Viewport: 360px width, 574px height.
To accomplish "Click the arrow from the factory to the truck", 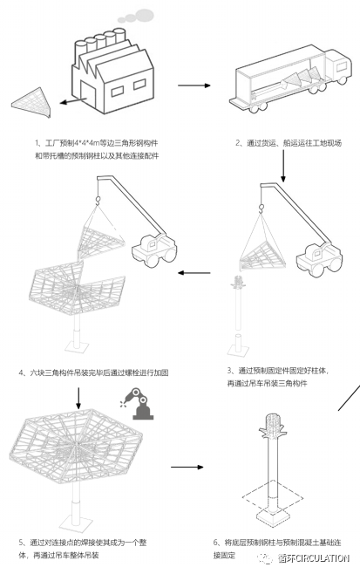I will (x=194, y=85).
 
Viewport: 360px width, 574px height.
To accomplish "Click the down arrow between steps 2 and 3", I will (x=288, y=167).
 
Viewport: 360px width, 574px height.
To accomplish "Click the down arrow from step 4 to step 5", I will (x=78, y=397).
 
